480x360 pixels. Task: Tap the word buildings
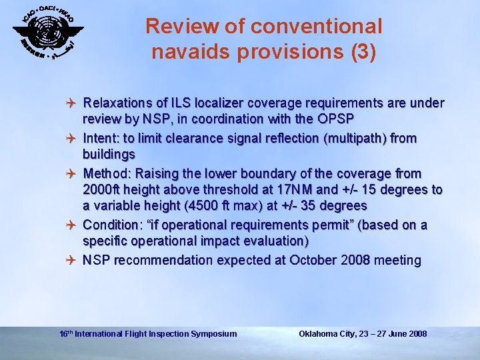[109, 155]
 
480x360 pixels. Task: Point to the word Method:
[107, 173]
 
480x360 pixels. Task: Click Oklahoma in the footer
[319, 334]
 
